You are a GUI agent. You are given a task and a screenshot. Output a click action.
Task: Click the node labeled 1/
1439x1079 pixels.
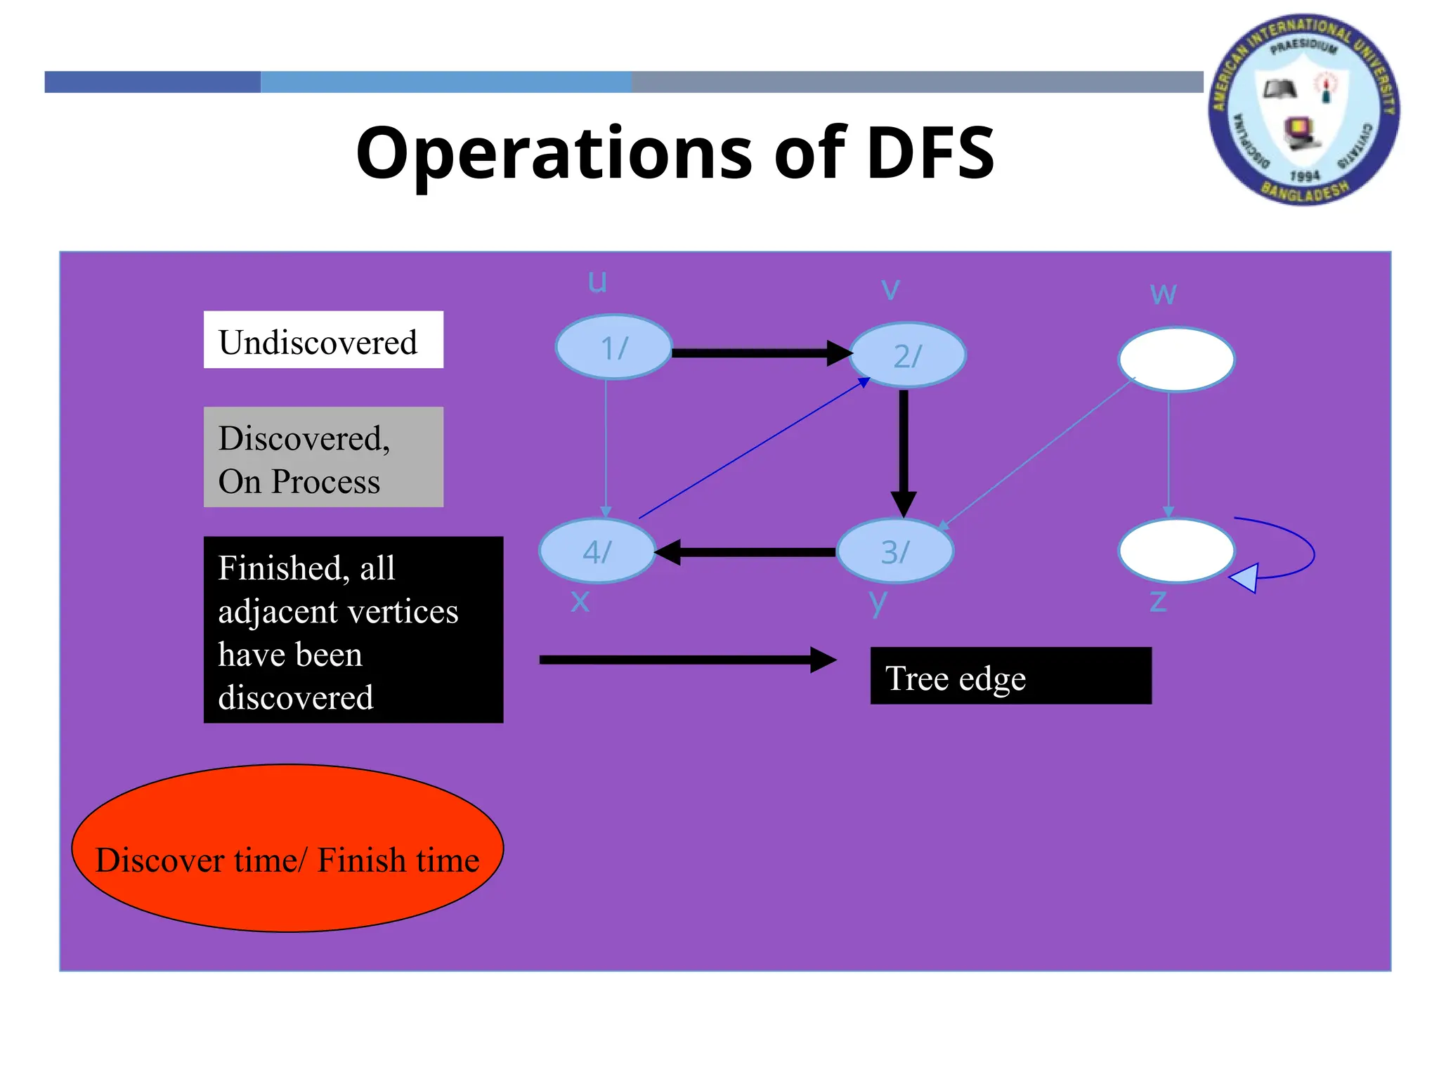click(x=613, y=347)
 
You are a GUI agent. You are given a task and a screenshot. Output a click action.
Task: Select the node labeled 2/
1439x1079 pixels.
click(x=907, y=355)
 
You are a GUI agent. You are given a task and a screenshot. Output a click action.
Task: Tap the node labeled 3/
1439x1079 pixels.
click(x=895, y=551)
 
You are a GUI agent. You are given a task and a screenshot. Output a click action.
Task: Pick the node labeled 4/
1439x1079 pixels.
click(x=597, y=551)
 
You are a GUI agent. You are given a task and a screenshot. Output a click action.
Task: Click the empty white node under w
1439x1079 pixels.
click(x=1176, y=359)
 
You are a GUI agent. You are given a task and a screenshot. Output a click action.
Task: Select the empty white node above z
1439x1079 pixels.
click(x=1176, y=551)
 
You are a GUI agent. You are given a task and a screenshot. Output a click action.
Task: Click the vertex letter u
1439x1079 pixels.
click(x=597, y=282)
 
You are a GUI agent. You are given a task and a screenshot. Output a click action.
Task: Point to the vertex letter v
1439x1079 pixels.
click(x=890, y=288)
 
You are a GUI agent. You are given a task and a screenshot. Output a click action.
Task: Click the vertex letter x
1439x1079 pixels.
click(x=580, y=601)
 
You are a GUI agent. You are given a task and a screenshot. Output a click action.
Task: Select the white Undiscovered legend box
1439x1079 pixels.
click(x=323, y=340)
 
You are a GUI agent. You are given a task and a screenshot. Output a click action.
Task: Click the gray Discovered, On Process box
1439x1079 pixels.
click(x=323, y=457)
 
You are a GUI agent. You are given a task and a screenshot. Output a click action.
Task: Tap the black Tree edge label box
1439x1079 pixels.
click(x=1010, y=676)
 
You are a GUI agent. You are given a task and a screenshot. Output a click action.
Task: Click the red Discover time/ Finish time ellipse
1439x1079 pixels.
click(x=287, y=849)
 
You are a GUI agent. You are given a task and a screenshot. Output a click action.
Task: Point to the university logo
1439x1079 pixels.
click(x=1303, y=110)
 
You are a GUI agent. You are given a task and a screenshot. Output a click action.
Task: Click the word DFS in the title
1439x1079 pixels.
click(x=930, y=153)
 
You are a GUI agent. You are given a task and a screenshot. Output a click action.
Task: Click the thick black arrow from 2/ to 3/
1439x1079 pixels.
click(x=904, y=450)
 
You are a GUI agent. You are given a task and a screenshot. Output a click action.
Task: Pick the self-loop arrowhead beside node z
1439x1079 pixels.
click(x=1245, y=578)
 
